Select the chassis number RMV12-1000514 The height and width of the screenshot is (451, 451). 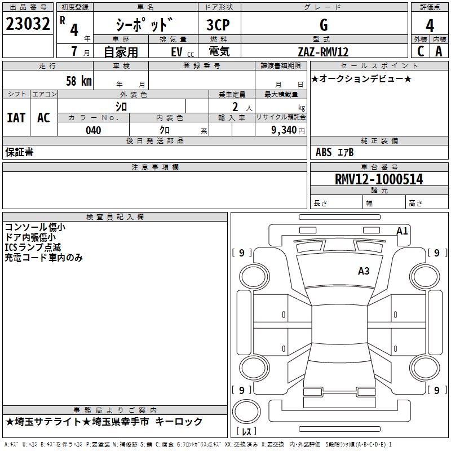[378, 179]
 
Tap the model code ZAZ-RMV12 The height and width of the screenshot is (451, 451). [323, 52]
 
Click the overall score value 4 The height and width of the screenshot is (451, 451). [430, 25]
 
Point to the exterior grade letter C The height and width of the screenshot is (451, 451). [420, 51]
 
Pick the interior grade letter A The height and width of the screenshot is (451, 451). [439, 51]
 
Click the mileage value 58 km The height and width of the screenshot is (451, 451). [78, 81]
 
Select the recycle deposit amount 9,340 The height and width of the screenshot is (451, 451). [288, 130]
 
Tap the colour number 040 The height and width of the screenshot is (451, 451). [93, 130]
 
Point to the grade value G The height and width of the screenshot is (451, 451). [324, 25]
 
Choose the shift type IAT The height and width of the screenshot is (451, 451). [16, 118]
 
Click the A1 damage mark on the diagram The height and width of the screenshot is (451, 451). [402, 231]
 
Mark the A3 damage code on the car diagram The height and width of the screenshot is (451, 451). [364, 271]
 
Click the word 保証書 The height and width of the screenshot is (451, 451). [19, 152]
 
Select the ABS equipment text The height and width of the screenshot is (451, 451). [324, 152]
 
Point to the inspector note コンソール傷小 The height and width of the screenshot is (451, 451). [35, 227]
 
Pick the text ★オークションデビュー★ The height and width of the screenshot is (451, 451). [361, 79]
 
